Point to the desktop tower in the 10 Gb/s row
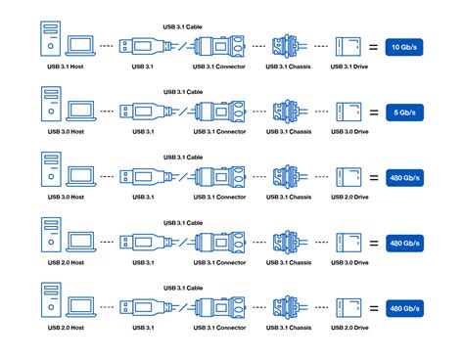click(x=47, y=40)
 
